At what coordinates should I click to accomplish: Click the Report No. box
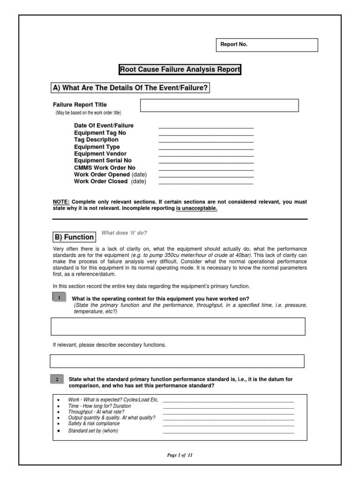[266, 45]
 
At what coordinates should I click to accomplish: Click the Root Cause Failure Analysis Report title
[180, 70]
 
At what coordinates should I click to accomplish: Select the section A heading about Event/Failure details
[130, 88]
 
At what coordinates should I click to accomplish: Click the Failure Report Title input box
[219, 105]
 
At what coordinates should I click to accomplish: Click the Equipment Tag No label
[100, 133]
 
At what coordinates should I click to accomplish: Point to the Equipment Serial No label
[103, 160]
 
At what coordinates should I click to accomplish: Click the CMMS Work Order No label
[105, 167]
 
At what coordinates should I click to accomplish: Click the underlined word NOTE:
[61, 202]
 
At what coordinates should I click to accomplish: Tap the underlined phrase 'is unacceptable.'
[196, 209]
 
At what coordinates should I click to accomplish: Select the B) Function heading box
[74, 237]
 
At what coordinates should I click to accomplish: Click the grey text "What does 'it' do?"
[124, 233]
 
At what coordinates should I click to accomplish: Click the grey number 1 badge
[59, 298]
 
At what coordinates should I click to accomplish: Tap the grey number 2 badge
[57, 379]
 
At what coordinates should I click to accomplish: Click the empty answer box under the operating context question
[178, 326]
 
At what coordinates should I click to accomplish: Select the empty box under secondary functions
[177, 361]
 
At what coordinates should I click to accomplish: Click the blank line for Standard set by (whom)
[228, 431]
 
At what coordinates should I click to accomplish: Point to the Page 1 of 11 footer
[180, 455]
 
